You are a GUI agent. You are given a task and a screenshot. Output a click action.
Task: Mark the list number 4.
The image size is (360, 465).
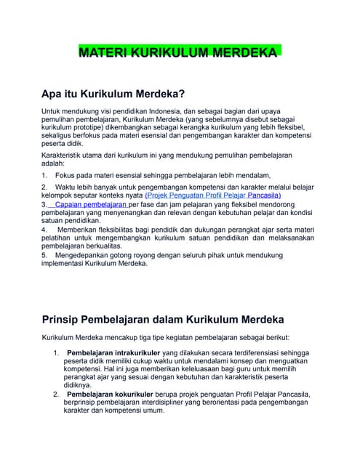pos(44,230)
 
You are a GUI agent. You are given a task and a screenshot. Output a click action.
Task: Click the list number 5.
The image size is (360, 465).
pos(44,255)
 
